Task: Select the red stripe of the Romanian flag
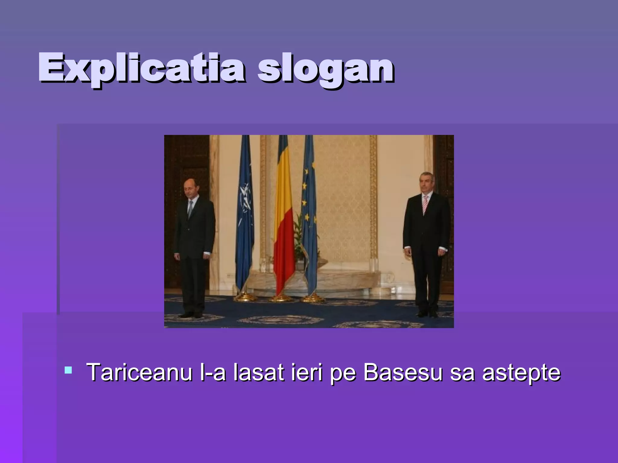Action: pyautogui.click(x=284, y=256)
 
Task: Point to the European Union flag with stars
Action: pyautogui.click(x=308, y=211)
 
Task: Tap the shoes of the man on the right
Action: pyautogui.click(x=427, y=314)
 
